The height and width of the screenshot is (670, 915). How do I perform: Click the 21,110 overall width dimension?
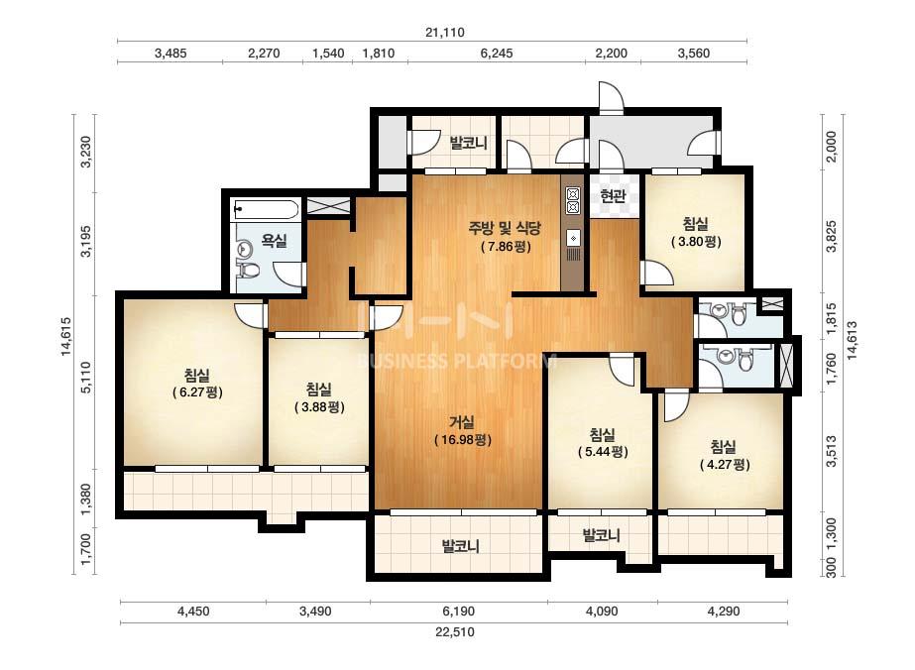point(445,32)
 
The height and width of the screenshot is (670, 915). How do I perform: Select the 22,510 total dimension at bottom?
point(454,632)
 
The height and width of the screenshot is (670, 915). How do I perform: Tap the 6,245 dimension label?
point(497,54)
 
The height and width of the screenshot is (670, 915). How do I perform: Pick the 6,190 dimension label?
point(458,612)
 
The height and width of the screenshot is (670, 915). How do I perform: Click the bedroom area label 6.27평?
point(198,392)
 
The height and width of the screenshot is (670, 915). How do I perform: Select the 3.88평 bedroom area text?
point(319,406)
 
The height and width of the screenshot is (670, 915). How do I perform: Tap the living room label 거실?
point(462,421)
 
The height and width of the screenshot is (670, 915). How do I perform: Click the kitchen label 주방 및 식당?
point(506,228)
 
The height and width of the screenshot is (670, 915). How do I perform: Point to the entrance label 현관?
point(613,196)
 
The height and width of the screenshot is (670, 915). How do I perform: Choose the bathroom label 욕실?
point(274,240)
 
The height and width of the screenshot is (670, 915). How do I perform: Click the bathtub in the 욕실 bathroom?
point(267,209)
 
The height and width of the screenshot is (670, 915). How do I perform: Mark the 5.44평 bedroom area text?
point(603,452)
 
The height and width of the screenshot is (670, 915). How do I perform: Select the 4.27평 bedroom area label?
point(725,465)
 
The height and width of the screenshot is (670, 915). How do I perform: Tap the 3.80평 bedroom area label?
point(696,241)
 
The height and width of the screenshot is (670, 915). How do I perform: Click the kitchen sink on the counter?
point(573,238)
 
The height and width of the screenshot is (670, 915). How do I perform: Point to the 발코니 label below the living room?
point(461,547)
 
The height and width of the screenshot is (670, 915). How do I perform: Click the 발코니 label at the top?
point(468,143)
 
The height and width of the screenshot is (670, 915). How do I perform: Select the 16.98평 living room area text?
point(463,439)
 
